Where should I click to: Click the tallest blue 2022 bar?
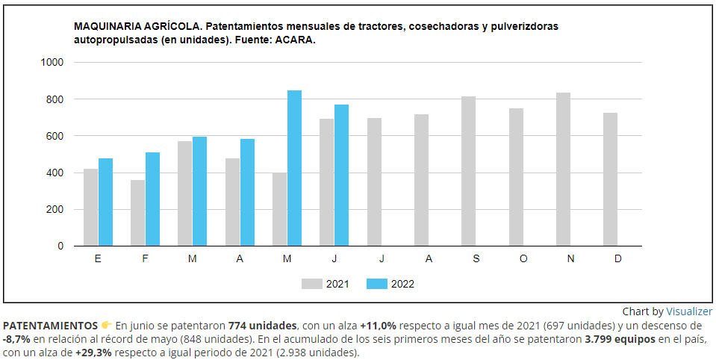(x=294, y=168)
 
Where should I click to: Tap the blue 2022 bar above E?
(x=105, y=202)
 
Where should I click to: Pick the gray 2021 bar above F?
(x=137, y=213)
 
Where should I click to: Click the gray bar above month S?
(x=468, y=171)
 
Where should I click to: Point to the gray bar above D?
(x=610, y=179)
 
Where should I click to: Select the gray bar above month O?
(x=516, y=177)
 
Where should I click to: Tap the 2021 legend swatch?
(x=311, y=284)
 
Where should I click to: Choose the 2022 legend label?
(x=402, y=284)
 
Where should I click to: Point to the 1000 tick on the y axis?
(x=52, y=63)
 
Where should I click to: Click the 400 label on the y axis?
(x=55, y=173)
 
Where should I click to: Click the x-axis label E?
(x=99, y=258)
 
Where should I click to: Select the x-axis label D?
(x=618, y=258)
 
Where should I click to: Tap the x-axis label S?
(x=476, y=258)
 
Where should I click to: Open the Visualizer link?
(x=689, y=311)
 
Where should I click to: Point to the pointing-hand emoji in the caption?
(x=106, y=326)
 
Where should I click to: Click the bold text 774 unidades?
(x=263, y=326)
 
